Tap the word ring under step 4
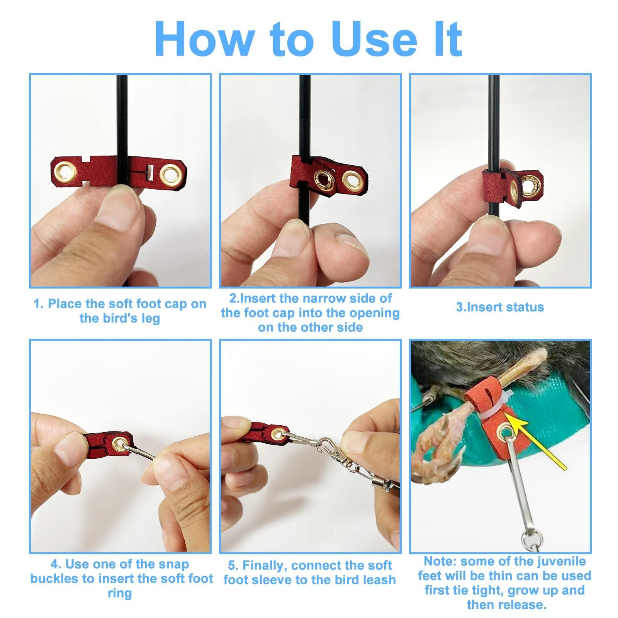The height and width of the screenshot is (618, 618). pyautogui.click(x=120, y=593)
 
